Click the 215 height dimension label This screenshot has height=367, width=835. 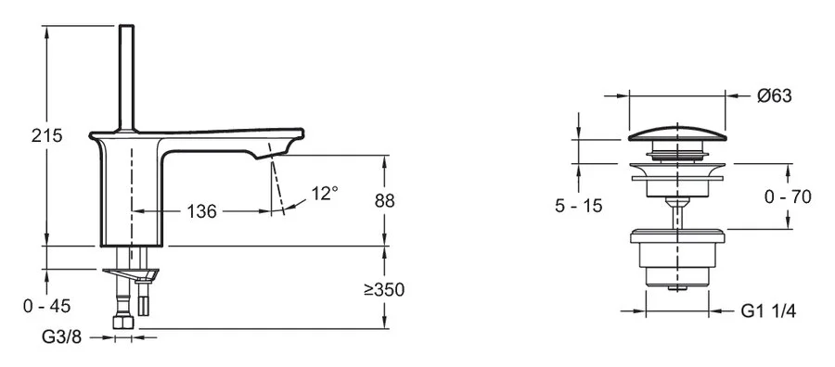click(47, 135)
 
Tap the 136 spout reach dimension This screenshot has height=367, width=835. click(202, 211)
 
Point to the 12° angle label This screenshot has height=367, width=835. click(325, 193)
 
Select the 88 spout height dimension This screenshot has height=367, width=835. click(384, 201)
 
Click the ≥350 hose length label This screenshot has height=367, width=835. click(384, 290)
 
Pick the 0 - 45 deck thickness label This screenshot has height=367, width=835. click(47, 307)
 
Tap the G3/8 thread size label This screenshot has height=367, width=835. click(62, 337)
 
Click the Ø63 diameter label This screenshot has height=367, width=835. click(775, 96)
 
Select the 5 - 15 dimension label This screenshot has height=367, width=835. click(578, 206)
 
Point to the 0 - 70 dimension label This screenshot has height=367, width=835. click(788, 196)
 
